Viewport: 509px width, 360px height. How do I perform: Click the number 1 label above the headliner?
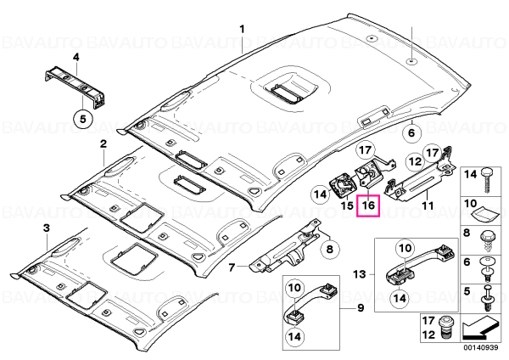pos(242,30)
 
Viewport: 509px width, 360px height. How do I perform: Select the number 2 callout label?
pos(103,143)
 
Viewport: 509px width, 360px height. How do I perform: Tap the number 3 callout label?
pos(47,228)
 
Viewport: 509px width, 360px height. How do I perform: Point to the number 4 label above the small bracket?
pos(76,58)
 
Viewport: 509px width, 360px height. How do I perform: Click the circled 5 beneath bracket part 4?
pos(83,119)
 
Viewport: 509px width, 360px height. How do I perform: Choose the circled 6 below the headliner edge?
pos(411,132)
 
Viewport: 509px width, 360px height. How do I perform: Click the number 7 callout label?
pos(232,267)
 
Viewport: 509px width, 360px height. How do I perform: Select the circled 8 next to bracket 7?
pos(330,249)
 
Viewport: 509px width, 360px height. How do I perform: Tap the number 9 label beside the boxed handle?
pos(361,307)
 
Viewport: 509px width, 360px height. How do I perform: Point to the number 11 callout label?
pos(428,205)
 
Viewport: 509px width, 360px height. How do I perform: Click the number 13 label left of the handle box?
pos(360,274)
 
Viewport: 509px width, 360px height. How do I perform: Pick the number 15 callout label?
pos(347,205)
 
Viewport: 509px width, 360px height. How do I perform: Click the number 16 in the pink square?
pos(368,205)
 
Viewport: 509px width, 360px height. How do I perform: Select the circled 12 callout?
pos(415,161)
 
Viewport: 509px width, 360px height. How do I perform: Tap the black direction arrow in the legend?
pos(477,329)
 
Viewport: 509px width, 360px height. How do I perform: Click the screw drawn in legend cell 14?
pos(486,180)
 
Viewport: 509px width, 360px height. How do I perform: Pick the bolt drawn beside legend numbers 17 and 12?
pos(444,328)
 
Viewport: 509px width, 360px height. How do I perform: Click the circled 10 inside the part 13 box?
pos(405,249)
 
